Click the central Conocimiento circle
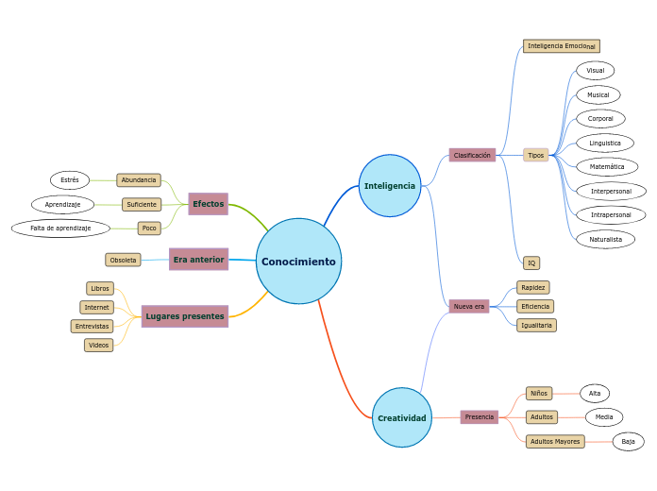click(298, 262)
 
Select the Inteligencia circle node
click(390, 186)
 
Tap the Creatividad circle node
click(402, 417)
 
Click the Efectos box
click(208, 204)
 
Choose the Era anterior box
click(198, 260)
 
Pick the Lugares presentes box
click(185, 316)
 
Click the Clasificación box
click(472, 155)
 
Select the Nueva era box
click(469, 306)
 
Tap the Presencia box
click(480, 416)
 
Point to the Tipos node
click(536, 155)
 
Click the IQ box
click(531, 262)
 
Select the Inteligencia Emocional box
click(562, 46)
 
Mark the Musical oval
click(598, 94)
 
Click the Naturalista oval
click(606, 239)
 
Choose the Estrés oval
click(70, 180)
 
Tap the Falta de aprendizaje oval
click(60, 228)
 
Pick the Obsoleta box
click(123, 260)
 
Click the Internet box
click(96, 307)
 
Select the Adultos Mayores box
click(555, 441)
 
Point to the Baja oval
click(628, 441)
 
